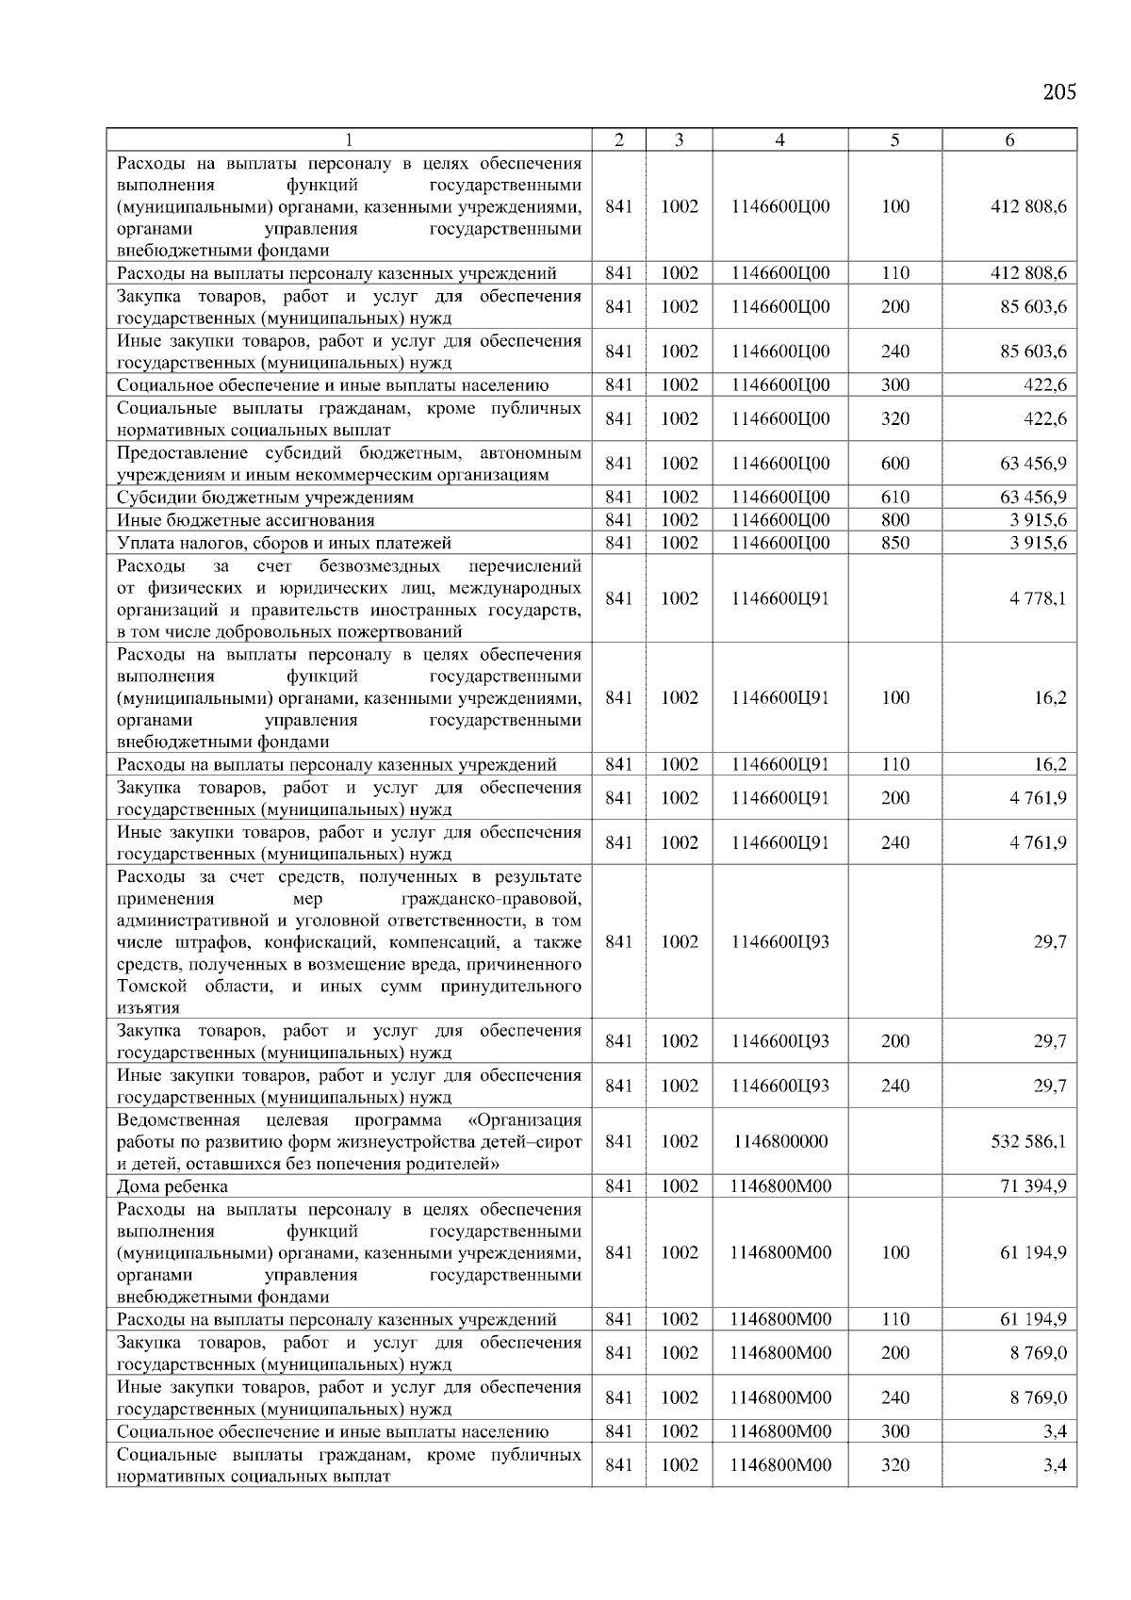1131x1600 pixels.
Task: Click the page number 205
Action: pyautogui.click(x=1059, y=92)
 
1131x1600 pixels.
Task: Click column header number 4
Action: pyautogui.click(x=779, y=140)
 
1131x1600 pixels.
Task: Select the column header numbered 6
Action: pyautogui.click(x=1009, y=140)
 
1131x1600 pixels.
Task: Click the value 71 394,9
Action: pyautogui.click(x=1033, y=1186)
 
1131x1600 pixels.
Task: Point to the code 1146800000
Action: pyautogui.click(x=780, y=1141)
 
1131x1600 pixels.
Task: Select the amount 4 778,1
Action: pyautogui.click(x=1038, y=598)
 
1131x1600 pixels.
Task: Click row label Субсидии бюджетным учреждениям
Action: pyautogui.click(x=265, y=498)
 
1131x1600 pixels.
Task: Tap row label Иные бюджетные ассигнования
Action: pyautogui.click(x=246, y=520)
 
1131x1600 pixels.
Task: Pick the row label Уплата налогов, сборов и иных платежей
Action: pyautogui.click(x=284, y=543)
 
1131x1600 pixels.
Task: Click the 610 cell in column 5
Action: pyautogui.click(x=895, y=498)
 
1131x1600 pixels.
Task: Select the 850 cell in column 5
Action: pyautogui.click(x=895, y=543)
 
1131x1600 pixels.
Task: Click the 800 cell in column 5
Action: pyautogui.click(x=895, y=520)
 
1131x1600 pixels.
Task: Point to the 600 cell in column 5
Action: pyautogui.click(x=895, y=464)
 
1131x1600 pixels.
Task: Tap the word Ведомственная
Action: pyautogui.click(x=178, y=1119)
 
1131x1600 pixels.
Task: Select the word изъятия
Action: pyautogui.click(x=148, y=1008)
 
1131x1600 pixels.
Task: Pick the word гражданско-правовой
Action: pyautogui.click(x=491, y=899)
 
